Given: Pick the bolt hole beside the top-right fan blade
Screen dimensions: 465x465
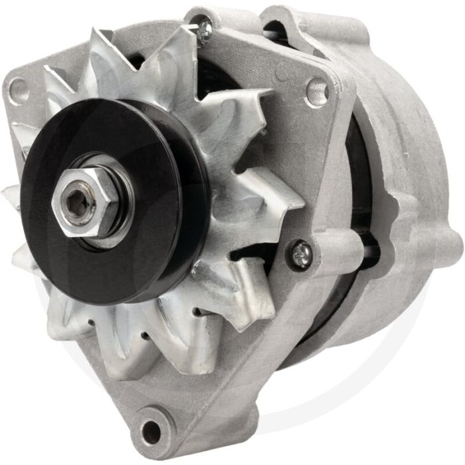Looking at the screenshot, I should pyautogui.click(x=316, y=90).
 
